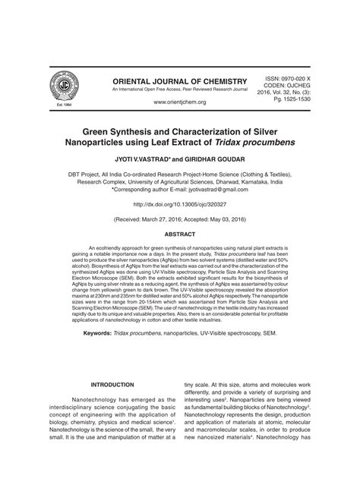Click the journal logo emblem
pos(63,86)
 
